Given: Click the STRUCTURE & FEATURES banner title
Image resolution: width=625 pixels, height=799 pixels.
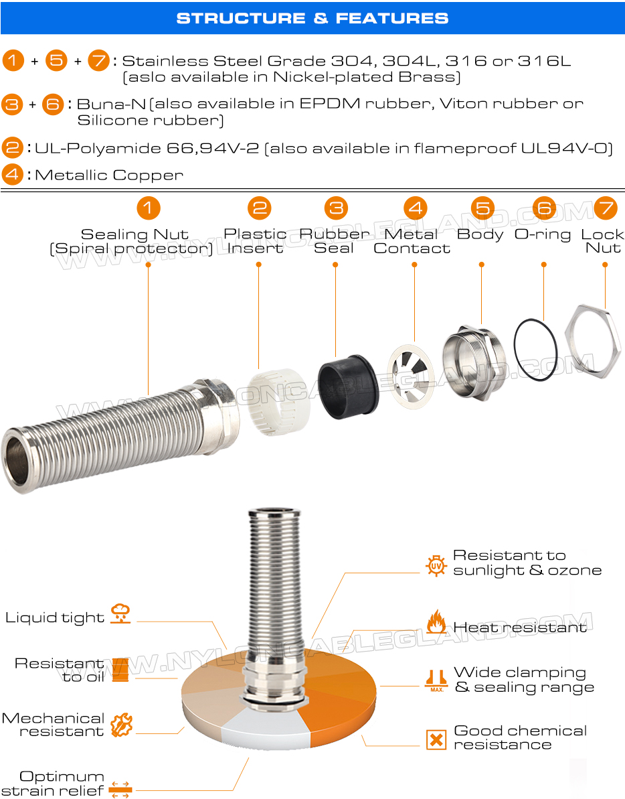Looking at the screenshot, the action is pyautogui.click(x=312, y=18).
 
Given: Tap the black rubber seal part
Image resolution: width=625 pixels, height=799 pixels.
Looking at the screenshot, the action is pyautogui.click(x=347, y=386).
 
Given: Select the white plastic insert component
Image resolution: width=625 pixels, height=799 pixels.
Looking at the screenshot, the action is pyautogui.click(x=279, y=402).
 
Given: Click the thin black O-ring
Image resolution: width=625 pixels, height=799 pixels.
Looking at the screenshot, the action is pyautogui.click(x=535, y=350).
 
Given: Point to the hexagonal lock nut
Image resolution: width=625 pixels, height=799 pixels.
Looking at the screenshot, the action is pyautogui.click(x=593, y=341).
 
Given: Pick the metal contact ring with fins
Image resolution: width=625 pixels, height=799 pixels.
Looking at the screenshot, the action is pyautogui.click(x=411, y=376).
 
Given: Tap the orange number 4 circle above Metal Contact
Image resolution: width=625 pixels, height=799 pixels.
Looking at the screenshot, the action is pyautogui.click(x=416, y=208).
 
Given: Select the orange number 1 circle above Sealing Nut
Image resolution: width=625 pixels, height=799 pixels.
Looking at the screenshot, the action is pyautogui.click(x=148, y=208).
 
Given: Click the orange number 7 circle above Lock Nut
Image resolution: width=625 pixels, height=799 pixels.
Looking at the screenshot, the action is pyautogui.click(x=606, y=208).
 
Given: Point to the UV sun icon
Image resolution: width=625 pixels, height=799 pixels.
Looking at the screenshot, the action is pyautogui.click(x=436, y=566).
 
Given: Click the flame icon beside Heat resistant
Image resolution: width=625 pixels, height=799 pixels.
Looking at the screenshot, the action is pyautogui.click(x=436, y=622).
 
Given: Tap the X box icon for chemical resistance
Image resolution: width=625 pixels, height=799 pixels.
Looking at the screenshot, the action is pyautogui.click(x=436, y=739).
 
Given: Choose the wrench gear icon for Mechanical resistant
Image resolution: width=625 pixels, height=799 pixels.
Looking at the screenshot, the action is pyautogui.click(x=121, y=725).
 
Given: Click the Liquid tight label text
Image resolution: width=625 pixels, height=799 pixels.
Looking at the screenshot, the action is pyautogui.click(x=54, y=618).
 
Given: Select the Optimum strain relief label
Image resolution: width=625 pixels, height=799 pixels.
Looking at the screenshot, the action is pyautogui.click(x=54, y=784).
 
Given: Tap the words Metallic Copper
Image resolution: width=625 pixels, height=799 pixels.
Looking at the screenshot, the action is pyautogui.click(x=109, y=175).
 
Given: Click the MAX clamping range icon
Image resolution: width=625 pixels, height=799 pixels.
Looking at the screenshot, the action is pyautogui.click(x=437, y=680).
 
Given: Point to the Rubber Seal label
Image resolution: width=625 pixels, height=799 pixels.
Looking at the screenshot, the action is pyautogui.click(x=335, y=241).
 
